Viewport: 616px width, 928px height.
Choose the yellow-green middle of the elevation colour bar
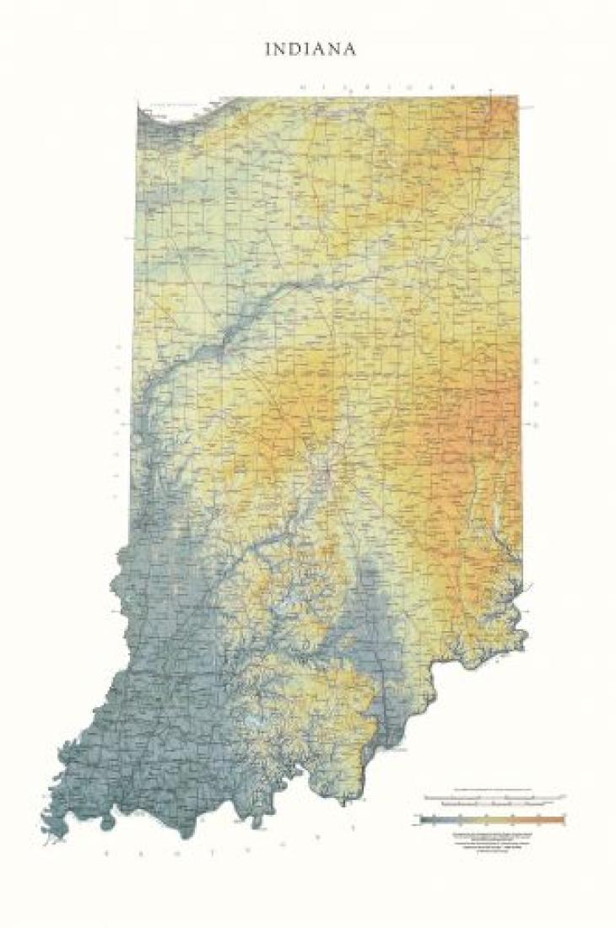(489, 818)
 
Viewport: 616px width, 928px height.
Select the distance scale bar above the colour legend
(494, 797)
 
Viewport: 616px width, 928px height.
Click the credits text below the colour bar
(494, 840)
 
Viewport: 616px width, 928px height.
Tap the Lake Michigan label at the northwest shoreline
(169, 106)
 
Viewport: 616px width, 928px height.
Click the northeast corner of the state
(516, 97)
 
